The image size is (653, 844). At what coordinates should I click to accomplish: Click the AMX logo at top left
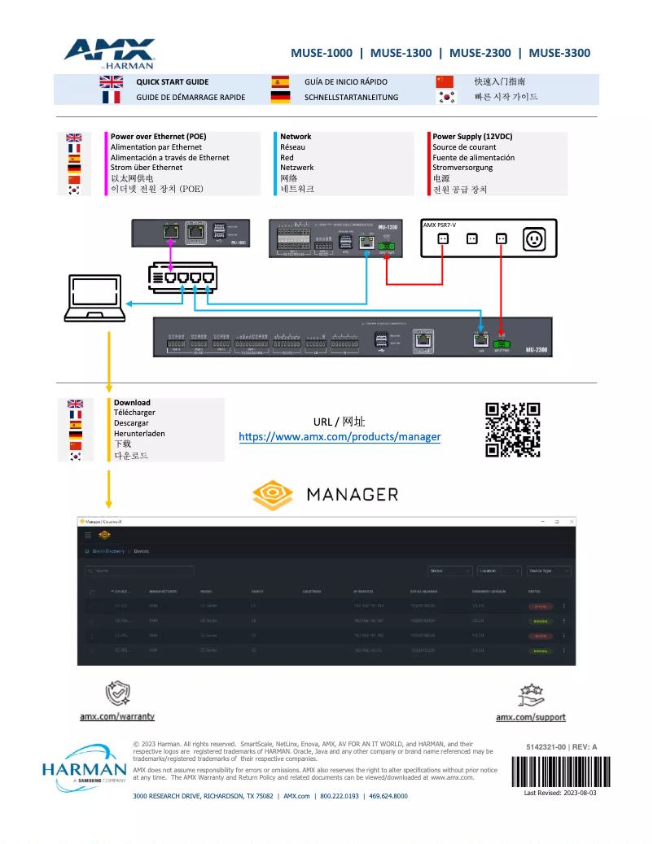pyautogui.click(x=110, y=53)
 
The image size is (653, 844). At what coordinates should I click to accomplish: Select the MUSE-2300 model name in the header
pyautogui.click(x=480, y=53)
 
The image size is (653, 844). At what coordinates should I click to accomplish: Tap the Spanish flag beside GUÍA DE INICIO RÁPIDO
pyautogui.click(x=280, y=81)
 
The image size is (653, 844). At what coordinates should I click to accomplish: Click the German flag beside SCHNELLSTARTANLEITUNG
pyautogui.click(x=280, y=97)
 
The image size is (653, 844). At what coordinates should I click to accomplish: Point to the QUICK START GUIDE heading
pyautogui.click(x=172, y=81)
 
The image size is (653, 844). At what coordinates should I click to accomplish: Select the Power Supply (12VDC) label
pyautogui.click(x=472, y=137)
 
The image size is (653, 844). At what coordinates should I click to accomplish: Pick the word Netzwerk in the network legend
pyautogui.click(x=298, y=168)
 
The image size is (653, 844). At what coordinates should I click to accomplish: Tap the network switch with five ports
pyautogui.click(x=182, y=276)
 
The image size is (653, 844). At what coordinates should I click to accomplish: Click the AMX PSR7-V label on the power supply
pyautogui.click(x=440, y=225)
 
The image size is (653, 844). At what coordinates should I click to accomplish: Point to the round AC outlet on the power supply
pyautogui.click(x=535, y=239)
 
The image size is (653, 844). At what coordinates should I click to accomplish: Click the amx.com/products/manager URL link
pyautogui.click(x=340, y=437)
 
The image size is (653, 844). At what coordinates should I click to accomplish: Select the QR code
pyautogui.click(x=513, y=430)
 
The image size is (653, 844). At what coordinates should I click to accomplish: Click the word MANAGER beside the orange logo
pyautogui.click(x=352, y=494)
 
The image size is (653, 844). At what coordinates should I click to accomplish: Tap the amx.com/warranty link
pyautogui.click(x=117, y=717)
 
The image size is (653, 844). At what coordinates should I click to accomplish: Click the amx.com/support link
pyautogui.click(x=531, y=717)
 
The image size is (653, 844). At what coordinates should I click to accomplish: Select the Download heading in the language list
pyautogui.click(x=132, y=402)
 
